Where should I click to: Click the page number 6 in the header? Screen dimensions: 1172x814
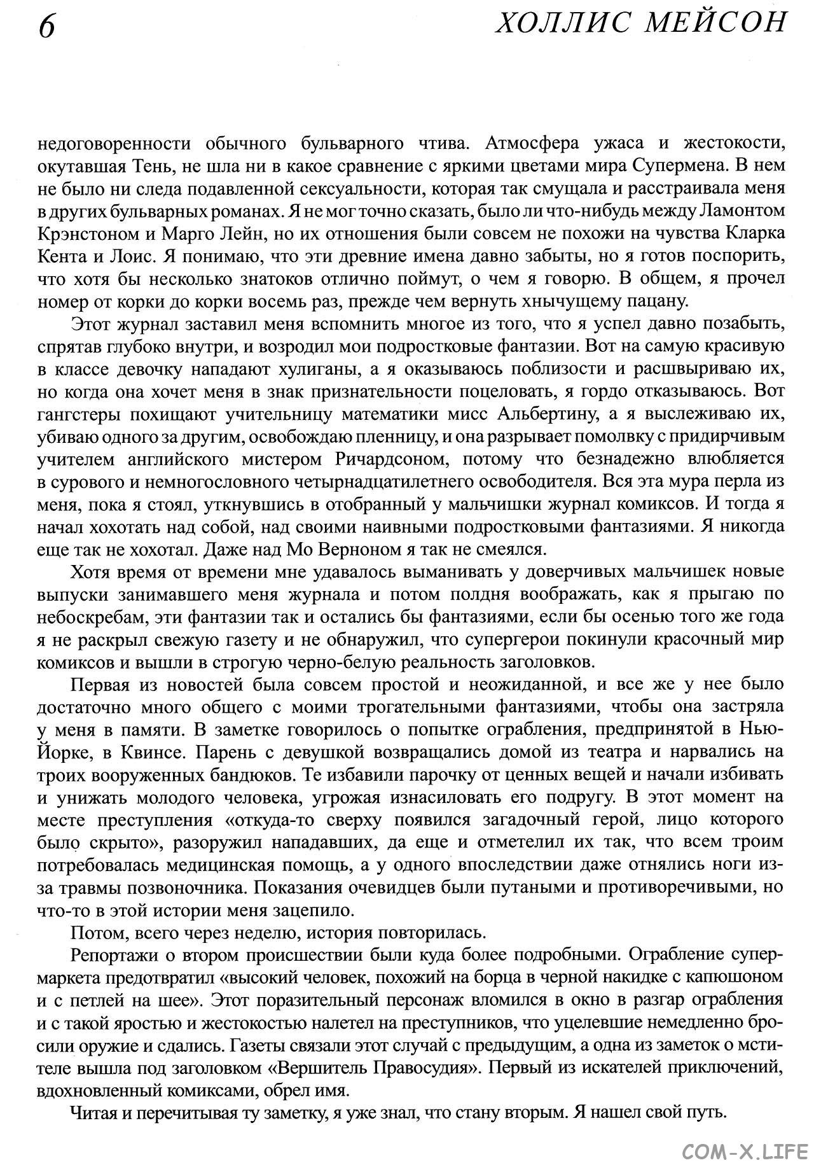pos(47,28)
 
